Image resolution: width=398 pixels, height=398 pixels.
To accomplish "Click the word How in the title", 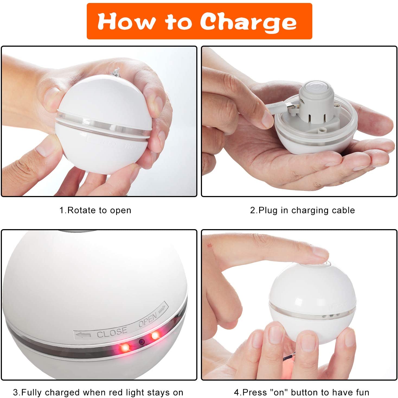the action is point(126,21).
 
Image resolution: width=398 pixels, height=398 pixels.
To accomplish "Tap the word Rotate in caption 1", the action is point(81,210).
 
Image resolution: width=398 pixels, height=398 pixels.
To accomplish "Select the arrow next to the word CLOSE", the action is point(83,335).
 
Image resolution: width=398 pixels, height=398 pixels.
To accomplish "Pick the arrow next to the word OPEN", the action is point(162,309).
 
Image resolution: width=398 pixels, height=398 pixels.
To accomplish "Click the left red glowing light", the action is point(125,347).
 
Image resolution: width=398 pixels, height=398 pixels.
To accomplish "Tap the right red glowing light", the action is point(155,335).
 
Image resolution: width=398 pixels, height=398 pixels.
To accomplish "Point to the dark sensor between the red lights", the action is point(142,342).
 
